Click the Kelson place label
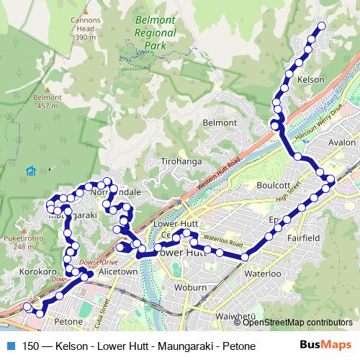312,78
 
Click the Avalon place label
342,142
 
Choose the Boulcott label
273,185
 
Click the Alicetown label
117,274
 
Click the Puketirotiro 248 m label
18,243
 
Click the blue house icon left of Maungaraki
30,171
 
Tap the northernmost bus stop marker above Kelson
321,26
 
